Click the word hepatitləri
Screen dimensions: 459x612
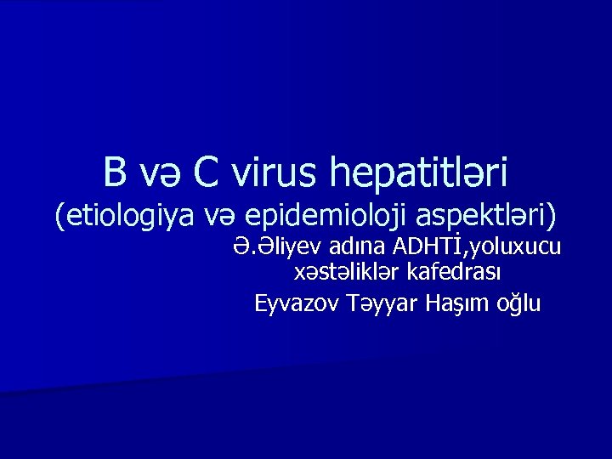(x=420, y=173)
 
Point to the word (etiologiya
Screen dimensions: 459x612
(x=123, y=217)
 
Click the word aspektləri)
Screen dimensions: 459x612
(x=487, y=217)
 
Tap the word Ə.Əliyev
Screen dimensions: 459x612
(x=271, y=246)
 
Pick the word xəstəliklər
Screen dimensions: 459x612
(x=344, y=274)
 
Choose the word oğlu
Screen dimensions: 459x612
(x=518, y=303)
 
